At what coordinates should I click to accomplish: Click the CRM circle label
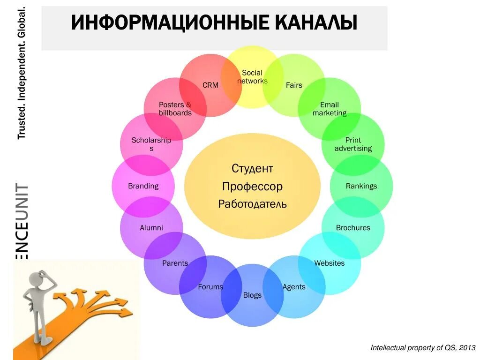[x=210, y=85]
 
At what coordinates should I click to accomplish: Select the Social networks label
[x=252, y=77]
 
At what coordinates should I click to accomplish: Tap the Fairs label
[x=294, y=85]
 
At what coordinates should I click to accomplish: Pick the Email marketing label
[x=330, y=109]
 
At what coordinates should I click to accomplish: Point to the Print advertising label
[x=353, y=144]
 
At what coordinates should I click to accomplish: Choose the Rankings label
[x=361, y=186]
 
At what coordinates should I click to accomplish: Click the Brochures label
[x=353, y=228]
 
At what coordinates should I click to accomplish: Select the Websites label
[x=330, y=263]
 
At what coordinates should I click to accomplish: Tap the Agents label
[x=294, y=287]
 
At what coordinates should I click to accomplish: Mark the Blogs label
[x=252, y=295]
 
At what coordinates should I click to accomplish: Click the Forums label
[x=210, y=287]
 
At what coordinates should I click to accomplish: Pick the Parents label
[x=175, y=263]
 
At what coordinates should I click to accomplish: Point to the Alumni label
[x=151, y=228]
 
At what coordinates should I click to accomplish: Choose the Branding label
[x=143, y=186]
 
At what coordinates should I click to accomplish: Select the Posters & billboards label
[x=175, y=109]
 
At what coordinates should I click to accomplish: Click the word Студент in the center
[x=252, y=168]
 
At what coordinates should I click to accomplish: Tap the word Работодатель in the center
[x=252, y=204]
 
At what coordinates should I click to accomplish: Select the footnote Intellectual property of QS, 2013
[x=423, y=348]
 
